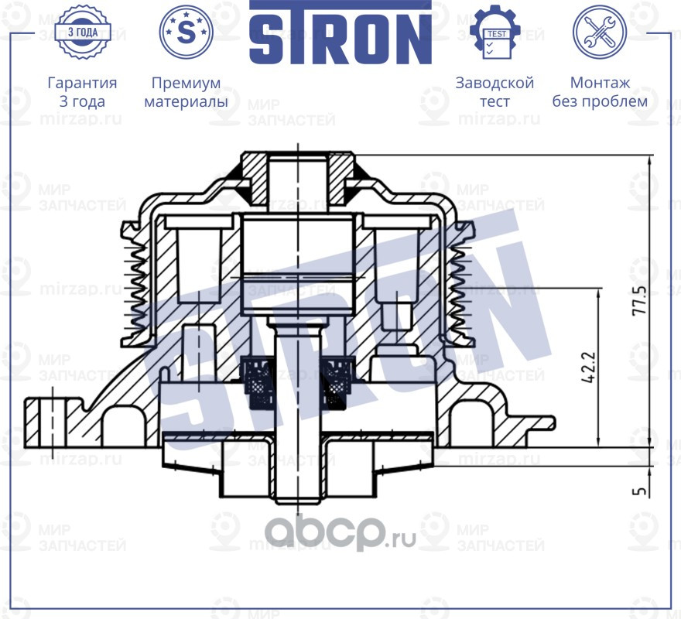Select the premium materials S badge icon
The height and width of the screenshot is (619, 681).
(186, 32)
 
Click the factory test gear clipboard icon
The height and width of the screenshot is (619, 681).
(495, 32)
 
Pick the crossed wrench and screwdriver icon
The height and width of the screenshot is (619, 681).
(599, 32)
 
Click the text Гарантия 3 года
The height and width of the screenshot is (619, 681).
(82, 92)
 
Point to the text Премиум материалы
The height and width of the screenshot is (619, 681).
(186, 92)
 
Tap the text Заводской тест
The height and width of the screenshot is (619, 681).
(495, 92)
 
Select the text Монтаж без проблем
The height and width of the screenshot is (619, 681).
(600, 92)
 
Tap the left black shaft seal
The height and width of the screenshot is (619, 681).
(257, 381)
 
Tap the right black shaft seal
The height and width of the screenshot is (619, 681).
(339, 381)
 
